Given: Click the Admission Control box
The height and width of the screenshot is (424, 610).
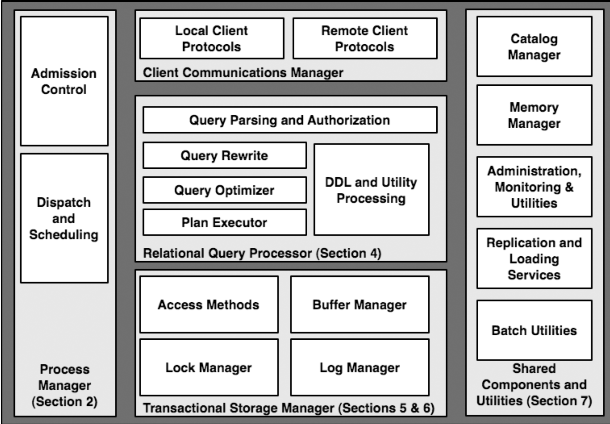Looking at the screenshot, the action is tap(64, 81).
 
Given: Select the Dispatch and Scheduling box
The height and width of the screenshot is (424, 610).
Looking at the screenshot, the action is tap(64, 218).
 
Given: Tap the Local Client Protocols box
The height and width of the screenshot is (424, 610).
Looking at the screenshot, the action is tap(212, 38).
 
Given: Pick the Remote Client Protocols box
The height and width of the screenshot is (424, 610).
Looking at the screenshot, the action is tap(365, 38).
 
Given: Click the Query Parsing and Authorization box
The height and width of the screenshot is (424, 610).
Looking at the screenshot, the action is tap(290, 120).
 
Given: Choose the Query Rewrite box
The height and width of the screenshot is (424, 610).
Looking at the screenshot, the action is tap(225, 155).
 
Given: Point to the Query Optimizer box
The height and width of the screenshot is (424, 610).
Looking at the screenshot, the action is tap(225, 190).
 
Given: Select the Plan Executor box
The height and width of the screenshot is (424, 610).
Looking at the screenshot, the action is tap(225, 222).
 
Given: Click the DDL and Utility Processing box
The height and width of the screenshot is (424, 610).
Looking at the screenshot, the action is tap(371, 190).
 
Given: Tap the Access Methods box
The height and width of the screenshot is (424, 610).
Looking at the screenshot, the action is tap(209, 305).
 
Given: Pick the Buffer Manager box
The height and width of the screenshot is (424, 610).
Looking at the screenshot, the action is tap(360, 305).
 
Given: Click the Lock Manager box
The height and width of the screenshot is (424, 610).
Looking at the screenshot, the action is tap(209, 367).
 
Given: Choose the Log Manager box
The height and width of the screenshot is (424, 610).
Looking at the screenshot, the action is tap(360, 367).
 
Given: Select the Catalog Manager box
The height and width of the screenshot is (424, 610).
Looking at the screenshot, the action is tap(534, 47).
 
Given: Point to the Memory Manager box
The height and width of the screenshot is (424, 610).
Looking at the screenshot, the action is tap(534, 115).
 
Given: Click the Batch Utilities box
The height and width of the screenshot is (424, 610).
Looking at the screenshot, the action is tap(534, 330).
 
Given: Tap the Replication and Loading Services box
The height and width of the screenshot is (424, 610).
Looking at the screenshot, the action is tap(534, 259).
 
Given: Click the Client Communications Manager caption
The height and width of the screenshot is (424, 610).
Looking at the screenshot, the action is tap(243, 72).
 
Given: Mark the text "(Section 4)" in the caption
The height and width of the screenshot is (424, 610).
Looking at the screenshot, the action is tap(349, 253).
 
